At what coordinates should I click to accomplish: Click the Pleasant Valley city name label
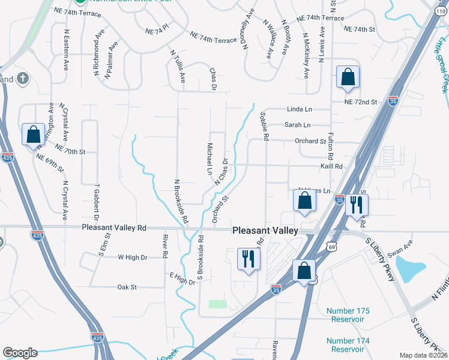point(265,230)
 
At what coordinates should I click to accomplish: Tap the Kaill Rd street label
point(331,167)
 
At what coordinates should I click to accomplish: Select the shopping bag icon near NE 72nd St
point(348,77)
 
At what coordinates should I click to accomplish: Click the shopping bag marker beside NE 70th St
point(33,135)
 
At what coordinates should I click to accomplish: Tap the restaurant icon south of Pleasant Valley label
point(249,259)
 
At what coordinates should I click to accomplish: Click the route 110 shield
point(442,11)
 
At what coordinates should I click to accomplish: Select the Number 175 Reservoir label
point(348,315)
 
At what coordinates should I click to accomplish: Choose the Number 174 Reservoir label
point(348,345)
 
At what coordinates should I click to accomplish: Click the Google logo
point(20,352)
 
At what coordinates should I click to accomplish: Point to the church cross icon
point(22,78)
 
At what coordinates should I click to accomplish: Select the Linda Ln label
point(300,110)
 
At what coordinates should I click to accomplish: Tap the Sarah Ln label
point(297,125)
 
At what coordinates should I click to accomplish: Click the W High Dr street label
point(132,257)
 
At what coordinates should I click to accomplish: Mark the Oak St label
point(127,287)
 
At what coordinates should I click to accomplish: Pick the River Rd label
point(164,246)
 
